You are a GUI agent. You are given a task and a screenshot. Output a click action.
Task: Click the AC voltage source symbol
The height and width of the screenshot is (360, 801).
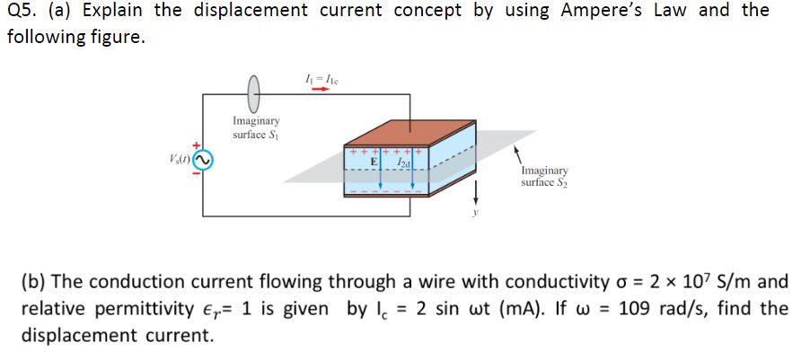point(203,161)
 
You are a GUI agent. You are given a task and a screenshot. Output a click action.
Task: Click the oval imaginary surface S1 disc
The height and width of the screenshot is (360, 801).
point(255,91)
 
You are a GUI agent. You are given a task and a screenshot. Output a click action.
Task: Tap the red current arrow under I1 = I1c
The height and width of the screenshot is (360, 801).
point(321,89)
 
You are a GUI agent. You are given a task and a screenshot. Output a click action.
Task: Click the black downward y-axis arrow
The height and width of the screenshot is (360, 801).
point(475,191)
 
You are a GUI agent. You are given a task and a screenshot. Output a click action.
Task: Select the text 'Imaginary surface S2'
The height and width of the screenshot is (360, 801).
point(544,176)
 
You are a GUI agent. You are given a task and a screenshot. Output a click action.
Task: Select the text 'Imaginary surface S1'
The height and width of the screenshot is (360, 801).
point(256,127)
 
